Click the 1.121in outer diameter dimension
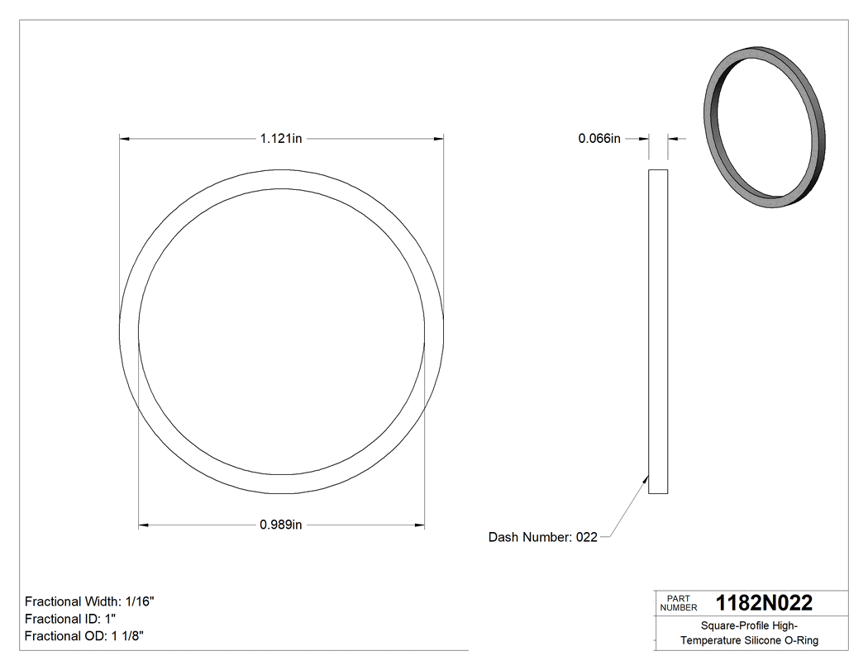point(281,139)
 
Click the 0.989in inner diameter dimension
point(281,525)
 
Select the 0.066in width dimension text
point(599,139)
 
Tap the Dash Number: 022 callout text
point(542,537)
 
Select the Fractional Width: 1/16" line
point(89,601)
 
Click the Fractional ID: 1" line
point(70,619)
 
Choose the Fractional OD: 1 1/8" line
point(85,635)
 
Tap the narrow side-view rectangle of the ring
point(658,331)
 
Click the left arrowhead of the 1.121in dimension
point(125,139)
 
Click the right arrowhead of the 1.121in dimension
point(439,139)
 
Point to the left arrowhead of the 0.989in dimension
point(143,525)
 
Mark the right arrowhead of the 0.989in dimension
point(420,525)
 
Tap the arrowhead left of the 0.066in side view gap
point(644,139)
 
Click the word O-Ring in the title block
point(801,640)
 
